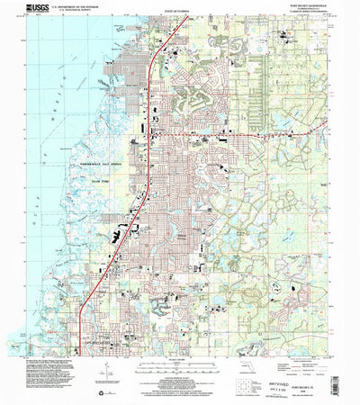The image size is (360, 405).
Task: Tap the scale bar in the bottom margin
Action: click(x=181, y=363)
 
